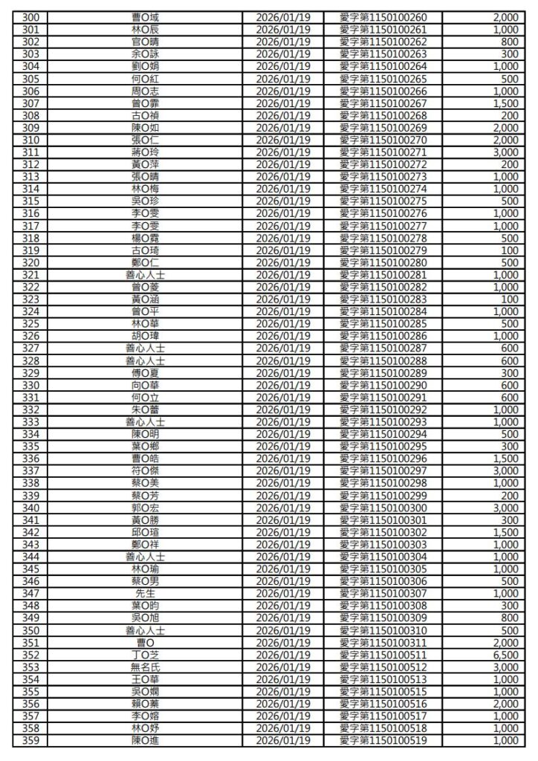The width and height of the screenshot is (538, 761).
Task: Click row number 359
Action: point(30,739)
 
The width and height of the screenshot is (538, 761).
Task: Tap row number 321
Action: point(30,274)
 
